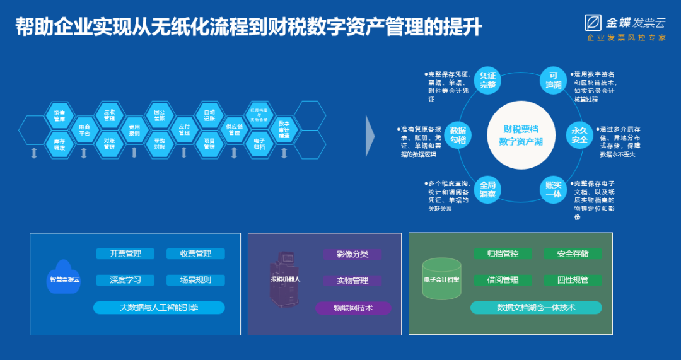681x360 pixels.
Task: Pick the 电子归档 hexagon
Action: coord(259,143)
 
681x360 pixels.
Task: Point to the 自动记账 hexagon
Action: coord(209,116)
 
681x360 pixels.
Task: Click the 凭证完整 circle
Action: coord(487,80)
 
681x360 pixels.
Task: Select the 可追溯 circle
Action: coord(553,80)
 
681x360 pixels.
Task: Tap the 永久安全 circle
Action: coord(579,134)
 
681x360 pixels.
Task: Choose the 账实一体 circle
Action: coord(553,189)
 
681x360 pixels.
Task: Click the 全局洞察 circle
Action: coord(487,189)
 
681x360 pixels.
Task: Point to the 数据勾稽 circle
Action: coord(458,134)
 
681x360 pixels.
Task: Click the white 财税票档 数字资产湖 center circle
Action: coord(520,135)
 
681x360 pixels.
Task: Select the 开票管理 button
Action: coord(125,254)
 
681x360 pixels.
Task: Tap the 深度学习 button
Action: coord(125,280)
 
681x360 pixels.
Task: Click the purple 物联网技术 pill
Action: coord(353,308)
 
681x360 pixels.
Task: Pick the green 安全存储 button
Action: coord(573,254)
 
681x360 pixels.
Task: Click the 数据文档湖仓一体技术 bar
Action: coord(536,308)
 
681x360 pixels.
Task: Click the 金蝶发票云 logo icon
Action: coord(593,23)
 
